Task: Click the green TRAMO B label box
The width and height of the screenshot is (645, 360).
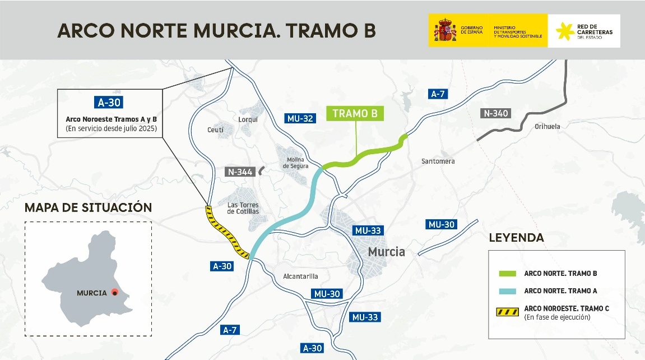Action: [355, 114]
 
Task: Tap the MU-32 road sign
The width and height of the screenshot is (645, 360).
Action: [299, 118]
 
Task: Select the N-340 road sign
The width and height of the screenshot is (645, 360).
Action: [495, 113]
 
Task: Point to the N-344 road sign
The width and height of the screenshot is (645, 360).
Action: [240, 172]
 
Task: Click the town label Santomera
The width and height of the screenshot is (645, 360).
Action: [438, 161]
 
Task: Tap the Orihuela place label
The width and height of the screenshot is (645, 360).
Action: [547, 127]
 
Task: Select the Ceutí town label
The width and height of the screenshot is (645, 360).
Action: [215, 130]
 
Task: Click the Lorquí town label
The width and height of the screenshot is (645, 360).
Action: [248, 119]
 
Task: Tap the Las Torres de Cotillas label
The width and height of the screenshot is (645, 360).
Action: [243, 208]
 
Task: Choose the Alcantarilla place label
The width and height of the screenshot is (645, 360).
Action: [300, 276]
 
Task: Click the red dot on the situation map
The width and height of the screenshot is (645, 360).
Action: [114, 292]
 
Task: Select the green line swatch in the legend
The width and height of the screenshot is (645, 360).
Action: [508, 274]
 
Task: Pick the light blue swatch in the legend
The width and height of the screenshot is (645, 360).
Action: [508, 291]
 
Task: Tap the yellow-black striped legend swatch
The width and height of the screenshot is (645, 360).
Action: [508, 312]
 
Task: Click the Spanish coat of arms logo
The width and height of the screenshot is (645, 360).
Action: [443, 31]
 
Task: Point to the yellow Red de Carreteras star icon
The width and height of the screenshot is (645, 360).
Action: [565, 32]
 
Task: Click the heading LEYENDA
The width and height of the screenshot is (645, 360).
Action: [516, 238]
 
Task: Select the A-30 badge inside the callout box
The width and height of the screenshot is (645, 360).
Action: [109, 103]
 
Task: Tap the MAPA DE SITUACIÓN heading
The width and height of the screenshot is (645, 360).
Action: [89, 207]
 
